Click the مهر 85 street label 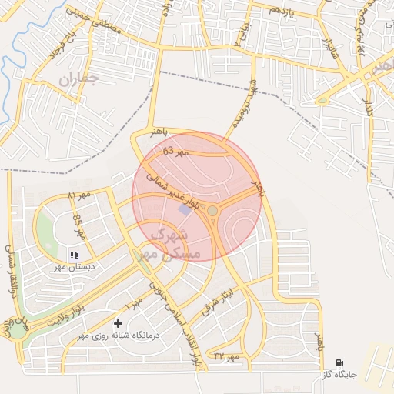click(78, 225)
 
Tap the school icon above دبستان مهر click(74, 254)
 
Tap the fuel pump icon click(339, 362)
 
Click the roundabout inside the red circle click(212, 209)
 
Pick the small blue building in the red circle click(184, 209)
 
